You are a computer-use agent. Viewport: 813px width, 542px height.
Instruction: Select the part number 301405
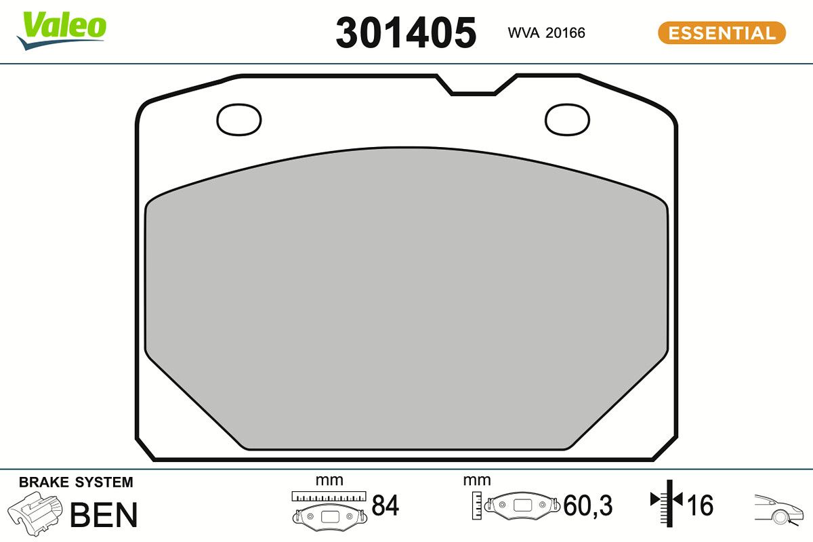406,33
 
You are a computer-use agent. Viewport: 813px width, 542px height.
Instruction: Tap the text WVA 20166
546,33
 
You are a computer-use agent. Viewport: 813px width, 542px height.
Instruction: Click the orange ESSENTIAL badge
722,33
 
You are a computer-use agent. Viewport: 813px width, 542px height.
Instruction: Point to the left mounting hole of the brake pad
238,120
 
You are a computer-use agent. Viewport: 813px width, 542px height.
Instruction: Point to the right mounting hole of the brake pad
568,119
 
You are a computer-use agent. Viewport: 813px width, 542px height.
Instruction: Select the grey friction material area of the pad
406,298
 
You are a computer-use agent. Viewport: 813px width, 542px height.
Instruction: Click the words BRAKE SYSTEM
76,482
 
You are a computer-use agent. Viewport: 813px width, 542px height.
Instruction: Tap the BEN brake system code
104,515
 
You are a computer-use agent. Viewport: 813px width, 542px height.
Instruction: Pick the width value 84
385,505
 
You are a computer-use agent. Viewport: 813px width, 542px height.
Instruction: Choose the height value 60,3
588,505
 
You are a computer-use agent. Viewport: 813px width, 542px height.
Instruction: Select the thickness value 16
701,505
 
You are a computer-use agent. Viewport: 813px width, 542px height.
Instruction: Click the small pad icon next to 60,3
524,505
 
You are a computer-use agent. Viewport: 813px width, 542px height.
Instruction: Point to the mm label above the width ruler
329,480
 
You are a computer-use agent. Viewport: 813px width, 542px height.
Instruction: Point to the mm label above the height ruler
476,480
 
